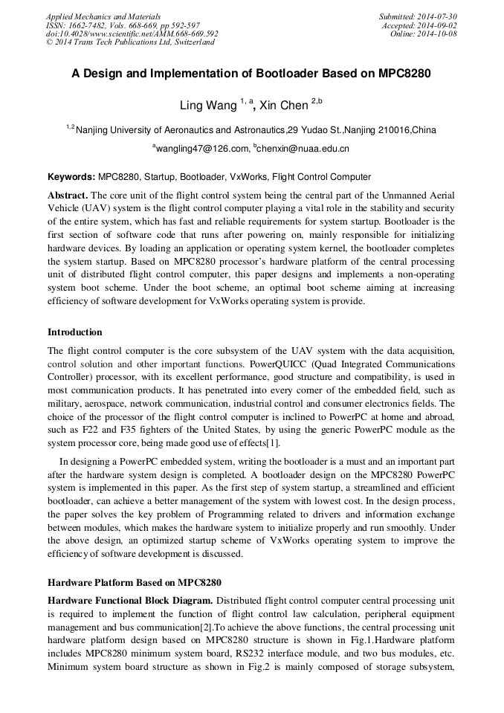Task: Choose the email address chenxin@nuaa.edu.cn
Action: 303,149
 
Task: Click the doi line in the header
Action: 132,34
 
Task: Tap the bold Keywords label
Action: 71,177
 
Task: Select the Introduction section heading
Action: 75,332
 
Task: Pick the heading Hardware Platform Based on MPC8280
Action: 134,582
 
